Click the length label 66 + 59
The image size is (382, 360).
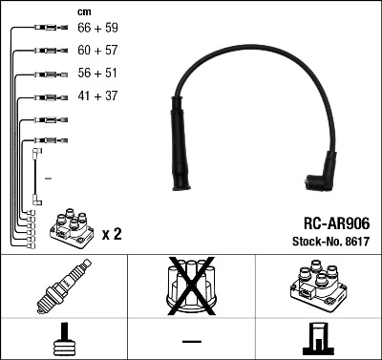tap(98, 30)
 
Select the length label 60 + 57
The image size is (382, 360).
tap(98, 51)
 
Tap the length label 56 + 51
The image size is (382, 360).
tap(98, 74)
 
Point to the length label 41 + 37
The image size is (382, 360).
tap(97, 97)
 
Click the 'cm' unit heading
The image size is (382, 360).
tap(84, 11)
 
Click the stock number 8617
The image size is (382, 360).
tap(357, 241)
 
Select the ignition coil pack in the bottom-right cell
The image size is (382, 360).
tap(314, 286)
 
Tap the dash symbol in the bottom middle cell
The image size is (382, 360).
tap(191, 340)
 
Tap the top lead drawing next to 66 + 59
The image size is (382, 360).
tap(45, 30)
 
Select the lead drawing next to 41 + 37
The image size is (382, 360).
tap(45, 97)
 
